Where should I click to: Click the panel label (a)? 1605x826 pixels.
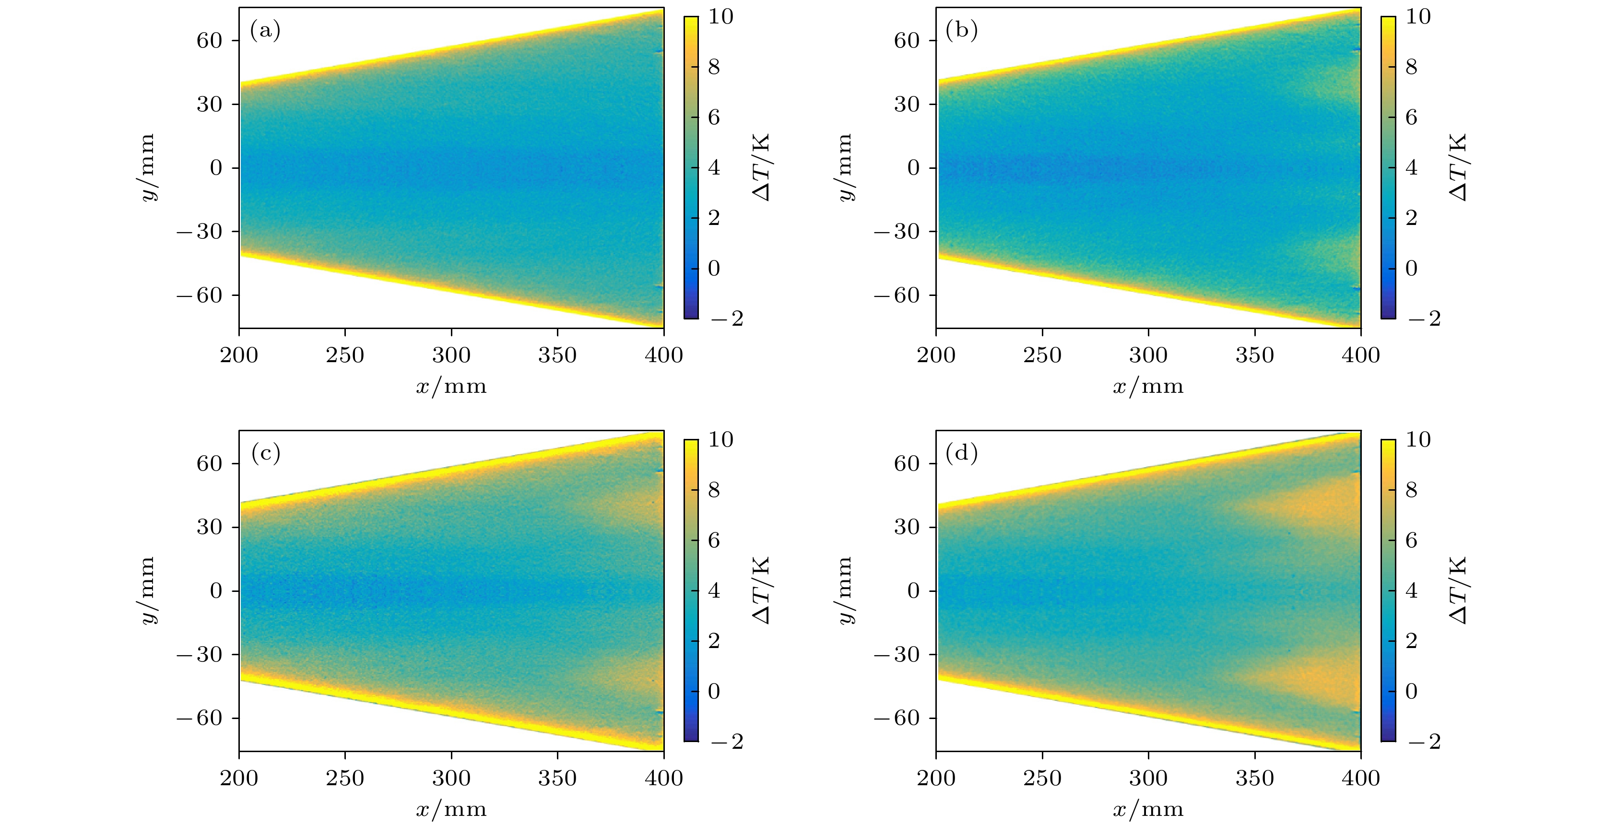[x=265, y=30]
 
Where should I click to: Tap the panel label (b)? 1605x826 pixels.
[x=961, y=30]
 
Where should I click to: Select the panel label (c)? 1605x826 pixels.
[x=265, y=453]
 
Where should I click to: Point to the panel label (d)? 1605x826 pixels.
[x=961, y=453]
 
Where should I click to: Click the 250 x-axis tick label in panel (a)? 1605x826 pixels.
[x=344, y=355]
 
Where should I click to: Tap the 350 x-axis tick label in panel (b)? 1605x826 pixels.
[x=1254, y=355]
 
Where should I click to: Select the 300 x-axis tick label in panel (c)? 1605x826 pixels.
[x=451, y=778]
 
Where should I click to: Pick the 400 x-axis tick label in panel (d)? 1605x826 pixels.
[x=1360, y=778]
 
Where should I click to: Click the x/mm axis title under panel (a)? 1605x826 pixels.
[x=451, y=387]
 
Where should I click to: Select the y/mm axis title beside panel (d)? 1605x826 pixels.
[x=844, y=590]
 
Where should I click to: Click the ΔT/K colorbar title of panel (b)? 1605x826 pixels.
[x=1458, y=167]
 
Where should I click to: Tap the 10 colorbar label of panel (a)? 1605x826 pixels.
[x=721, y=17]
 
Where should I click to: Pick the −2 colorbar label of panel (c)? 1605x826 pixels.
[x=727, y=741]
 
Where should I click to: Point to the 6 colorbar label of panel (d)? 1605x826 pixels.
[x=1411, y=540]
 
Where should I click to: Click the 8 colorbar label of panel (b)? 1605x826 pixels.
[x=1411, y=67]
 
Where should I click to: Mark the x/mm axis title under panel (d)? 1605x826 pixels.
[x=1148, y=810]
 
